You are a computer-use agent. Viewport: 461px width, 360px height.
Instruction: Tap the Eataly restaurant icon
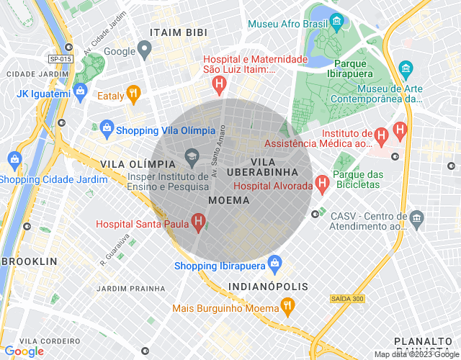tap(133, 93)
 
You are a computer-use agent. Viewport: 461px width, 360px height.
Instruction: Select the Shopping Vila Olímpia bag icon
tap(107, 129)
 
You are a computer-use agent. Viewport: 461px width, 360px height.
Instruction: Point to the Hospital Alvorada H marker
tap(322, 184)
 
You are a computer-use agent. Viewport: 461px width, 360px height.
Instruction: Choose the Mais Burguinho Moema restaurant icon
tap(287, 308)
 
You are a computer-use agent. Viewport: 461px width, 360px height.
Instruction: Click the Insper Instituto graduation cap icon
tap(192, 155)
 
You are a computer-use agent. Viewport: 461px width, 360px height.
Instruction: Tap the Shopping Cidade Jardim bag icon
tap(14, 159)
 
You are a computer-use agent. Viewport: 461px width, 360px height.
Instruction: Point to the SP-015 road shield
tap(61, 58)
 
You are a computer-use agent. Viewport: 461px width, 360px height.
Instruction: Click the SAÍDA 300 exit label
tap(347, 298)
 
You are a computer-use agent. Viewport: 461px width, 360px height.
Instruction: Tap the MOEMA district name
tap(228, 199)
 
